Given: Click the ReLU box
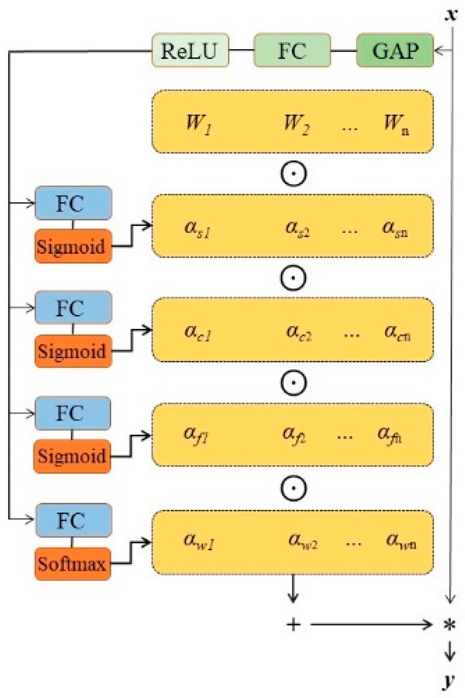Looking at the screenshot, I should click(190, 50).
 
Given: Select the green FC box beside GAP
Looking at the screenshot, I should click(292, 50).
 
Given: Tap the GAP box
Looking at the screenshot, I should click(395, 50).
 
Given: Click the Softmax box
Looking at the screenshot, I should click(72, 564).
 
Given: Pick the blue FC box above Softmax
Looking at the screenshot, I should click(73, 521).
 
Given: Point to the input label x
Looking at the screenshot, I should click(451, 15).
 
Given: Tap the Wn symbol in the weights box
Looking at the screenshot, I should click(396, 124).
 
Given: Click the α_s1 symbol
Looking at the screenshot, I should click(197, 229).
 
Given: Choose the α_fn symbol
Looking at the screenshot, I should click(390, 435).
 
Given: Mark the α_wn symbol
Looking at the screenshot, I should click(401, 541).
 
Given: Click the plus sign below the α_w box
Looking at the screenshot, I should click(293, 624).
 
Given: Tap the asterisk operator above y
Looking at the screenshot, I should click(450, 625).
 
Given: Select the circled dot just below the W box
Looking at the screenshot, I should click(293, 173).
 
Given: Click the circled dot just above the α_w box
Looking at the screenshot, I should click(293, 488).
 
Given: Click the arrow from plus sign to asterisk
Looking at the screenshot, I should click(370, 624).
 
